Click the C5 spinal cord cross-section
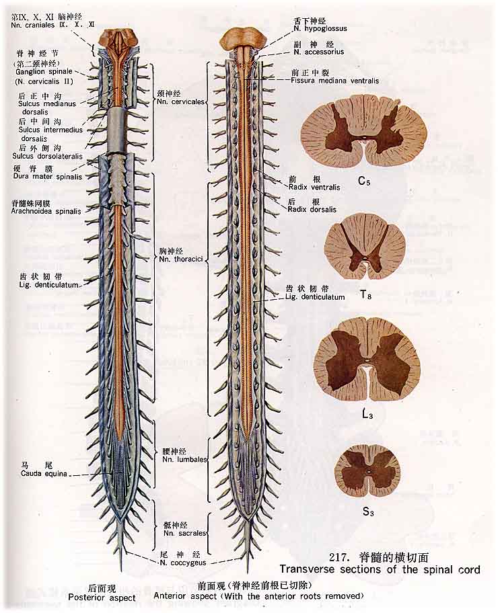click(363, 131)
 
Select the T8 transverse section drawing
click(365, 246)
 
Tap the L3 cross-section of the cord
click(367, 359)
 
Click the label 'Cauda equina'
click(44, 473)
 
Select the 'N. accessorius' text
click(319, 51)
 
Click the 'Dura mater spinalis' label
click(46, 177)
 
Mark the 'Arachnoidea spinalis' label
click(46, 210)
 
